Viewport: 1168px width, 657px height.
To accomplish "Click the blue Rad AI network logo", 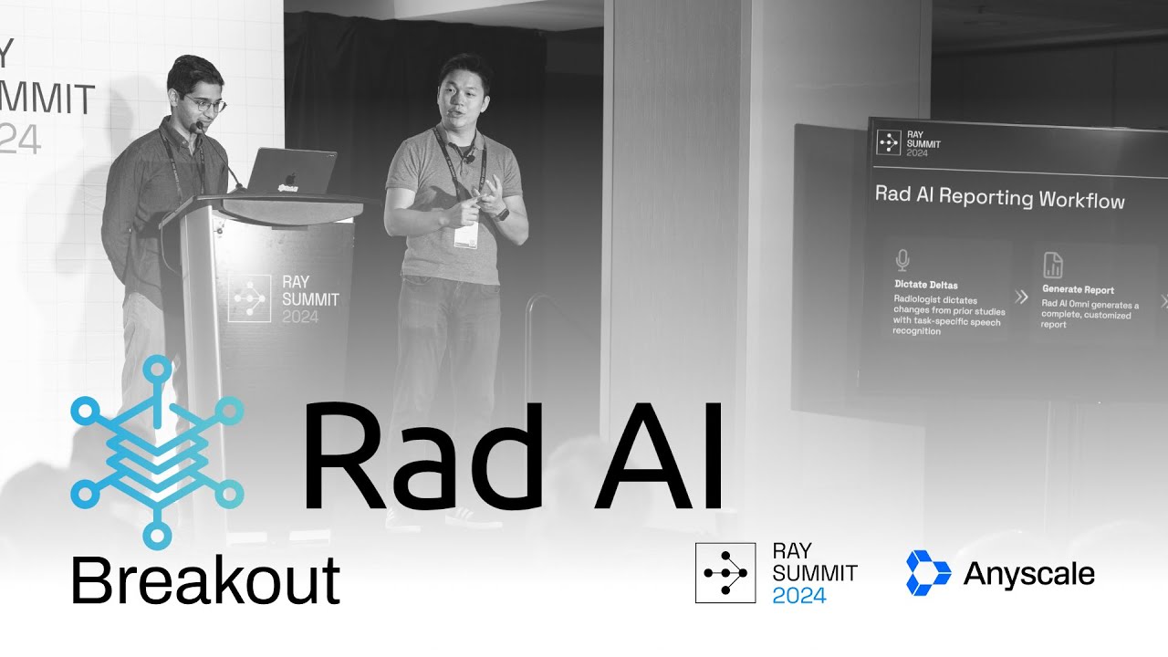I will click(x=157, y=453).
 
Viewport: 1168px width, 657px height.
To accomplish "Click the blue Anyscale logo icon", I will click(x=928, y=573).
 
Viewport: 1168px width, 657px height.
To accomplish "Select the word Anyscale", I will click(x=1028, y=574).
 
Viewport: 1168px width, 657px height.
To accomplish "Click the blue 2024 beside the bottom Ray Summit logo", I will click(x=798, y=596).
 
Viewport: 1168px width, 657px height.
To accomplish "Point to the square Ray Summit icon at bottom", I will click(x=725, y=573).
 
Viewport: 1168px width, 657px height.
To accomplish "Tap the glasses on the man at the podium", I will click(x=206, y=105).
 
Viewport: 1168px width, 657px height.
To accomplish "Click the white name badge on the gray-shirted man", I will click(x=465, y=236).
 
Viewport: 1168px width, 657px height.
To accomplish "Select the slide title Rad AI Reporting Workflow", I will click(x=999, y=197).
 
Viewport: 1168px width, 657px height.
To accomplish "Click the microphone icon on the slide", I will click(x=902, y=260).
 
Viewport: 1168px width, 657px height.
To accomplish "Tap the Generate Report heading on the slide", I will click(x=1078, y=290).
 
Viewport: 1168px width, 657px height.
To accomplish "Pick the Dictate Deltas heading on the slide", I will click(x=926, y=285).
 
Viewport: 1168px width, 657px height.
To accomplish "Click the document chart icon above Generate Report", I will click(x=1052, y=266).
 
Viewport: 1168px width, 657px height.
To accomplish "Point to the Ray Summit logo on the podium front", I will click(x=283, y=299).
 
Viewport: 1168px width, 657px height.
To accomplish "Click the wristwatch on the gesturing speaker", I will click(x=502, y=213).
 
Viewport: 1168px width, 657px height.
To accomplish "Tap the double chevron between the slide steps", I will click(x=1021, y=297).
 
